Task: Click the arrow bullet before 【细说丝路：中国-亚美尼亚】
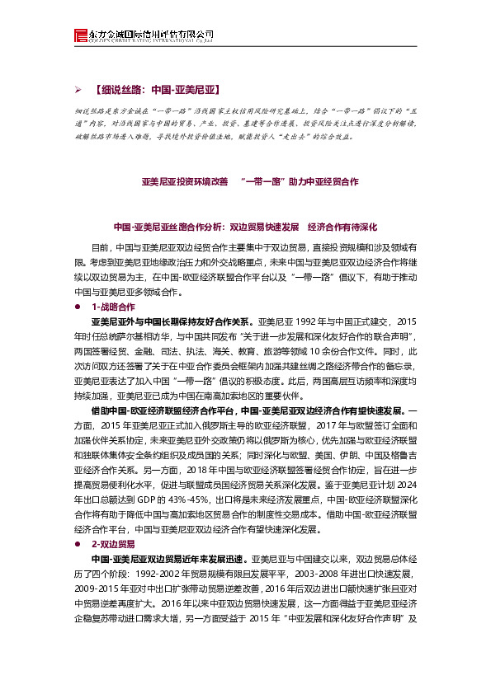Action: click(78, 87)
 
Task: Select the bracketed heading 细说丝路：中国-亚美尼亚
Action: click(157, 87)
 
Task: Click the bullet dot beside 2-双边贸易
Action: click(78, 544)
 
